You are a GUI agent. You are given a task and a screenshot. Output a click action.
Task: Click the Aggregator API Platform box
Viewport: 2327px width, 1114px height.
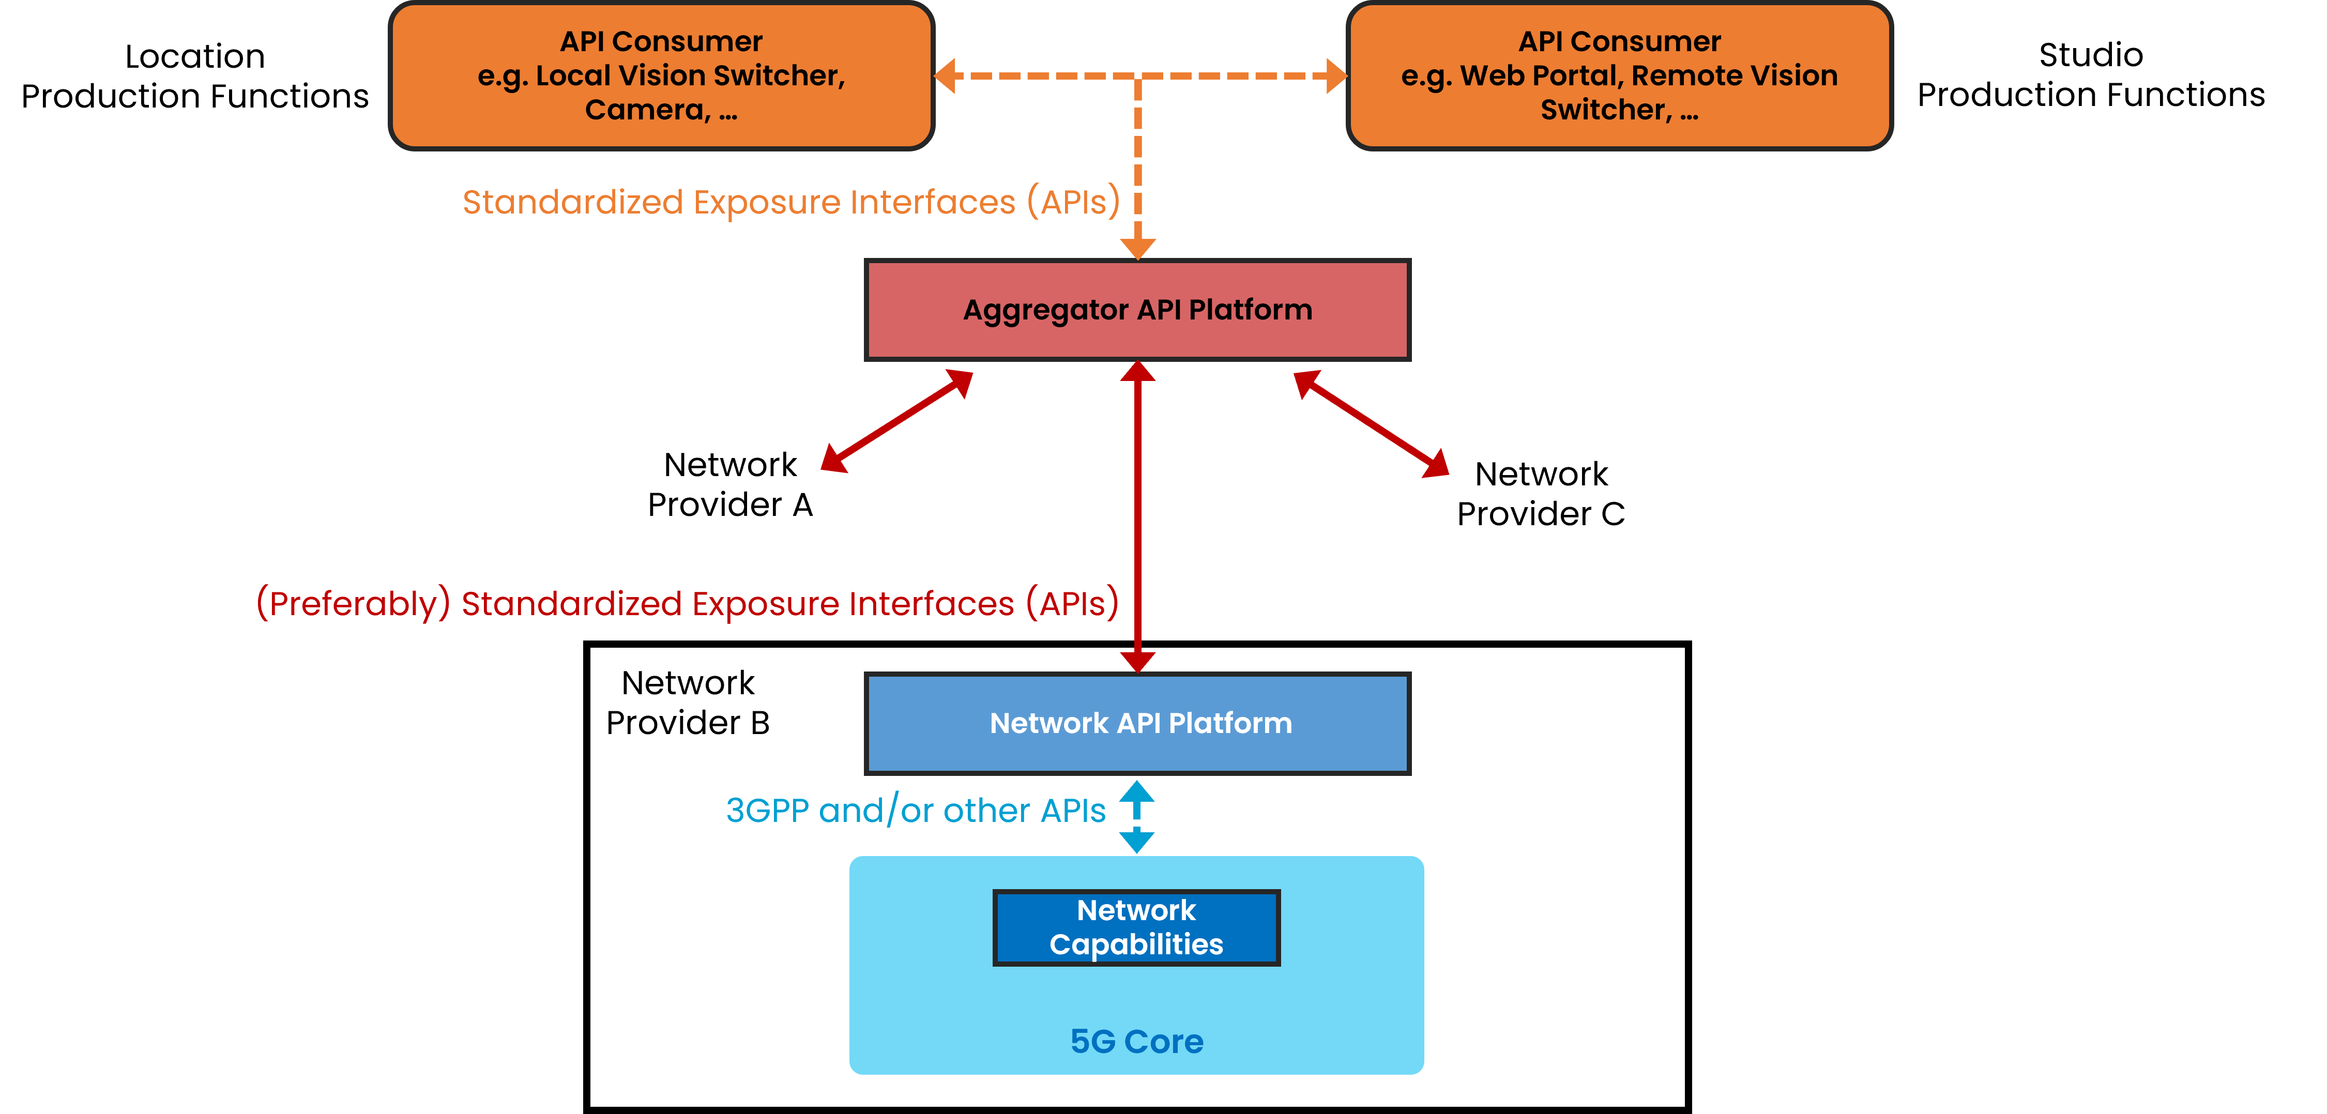coord(1137,310)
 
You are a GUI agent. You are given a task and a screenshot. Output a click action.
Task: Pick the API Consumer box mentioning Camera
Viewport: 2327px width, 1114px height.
coord(661,76)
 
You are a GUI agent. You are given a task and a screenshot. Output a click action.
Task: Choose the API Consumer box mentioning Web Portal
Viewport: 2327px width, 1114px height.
coord(1619,76)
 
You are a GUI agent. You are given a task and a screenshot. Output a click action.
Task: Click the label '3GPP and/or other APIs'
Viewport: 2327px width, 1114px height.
coord(915,811)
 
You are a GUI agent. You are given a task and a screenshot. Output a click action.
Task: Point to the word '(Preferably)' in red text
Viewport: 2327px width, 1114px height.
coord(353,604)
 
